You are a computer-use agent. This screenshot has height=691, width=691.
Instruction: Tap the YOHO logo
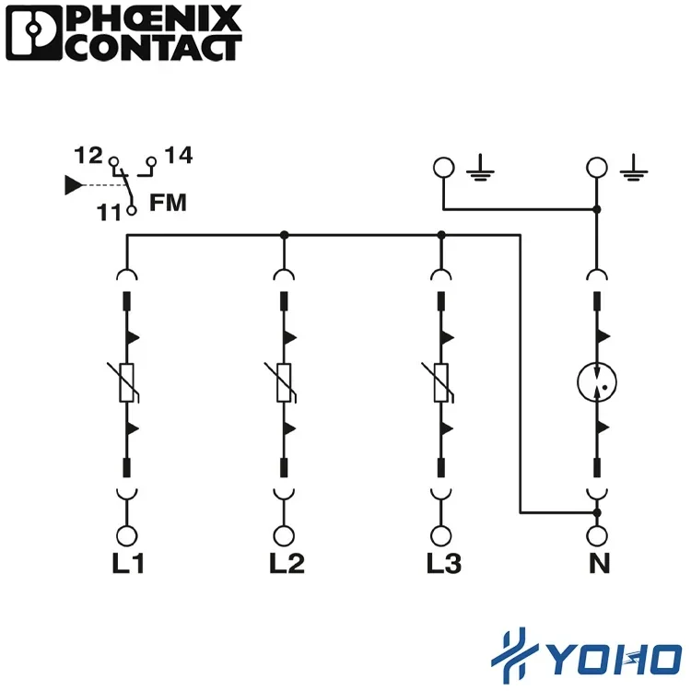click(585, 655)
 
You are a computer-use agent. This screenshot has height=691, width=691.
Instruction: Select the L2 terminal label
click(286, 563)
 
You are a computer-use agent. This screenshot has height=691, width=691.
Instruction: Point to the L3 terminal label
click(443, 563)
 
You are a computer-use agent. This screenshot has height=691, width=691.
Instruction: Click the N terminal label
click(599, 563)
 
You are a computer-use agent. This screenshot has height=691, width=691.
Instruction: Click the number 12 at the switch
click(88, 157)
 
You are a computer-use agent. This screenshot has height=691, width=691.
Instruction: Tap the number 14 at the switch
click(179, 156)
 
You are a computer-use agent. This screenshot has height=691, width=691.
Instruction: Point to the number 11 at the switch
click(110, 212)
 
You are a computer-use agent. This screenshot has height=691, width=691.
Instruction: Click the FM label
click(168, 204)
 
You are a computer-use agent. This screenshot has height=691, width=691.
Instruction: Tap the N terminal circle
click(598, 535)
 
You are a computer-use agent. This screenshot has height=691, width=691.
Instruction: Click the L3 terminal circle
click(441, 535)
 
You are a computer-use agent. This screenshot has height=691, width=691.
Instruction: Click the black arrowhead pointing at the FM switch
click(73, 185)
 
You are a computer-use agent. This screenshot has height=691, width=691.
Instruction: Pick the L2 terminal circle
click(285, 535)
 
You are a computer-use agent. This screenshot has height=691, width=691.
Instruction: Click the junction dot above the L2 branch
click(285, 236)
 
